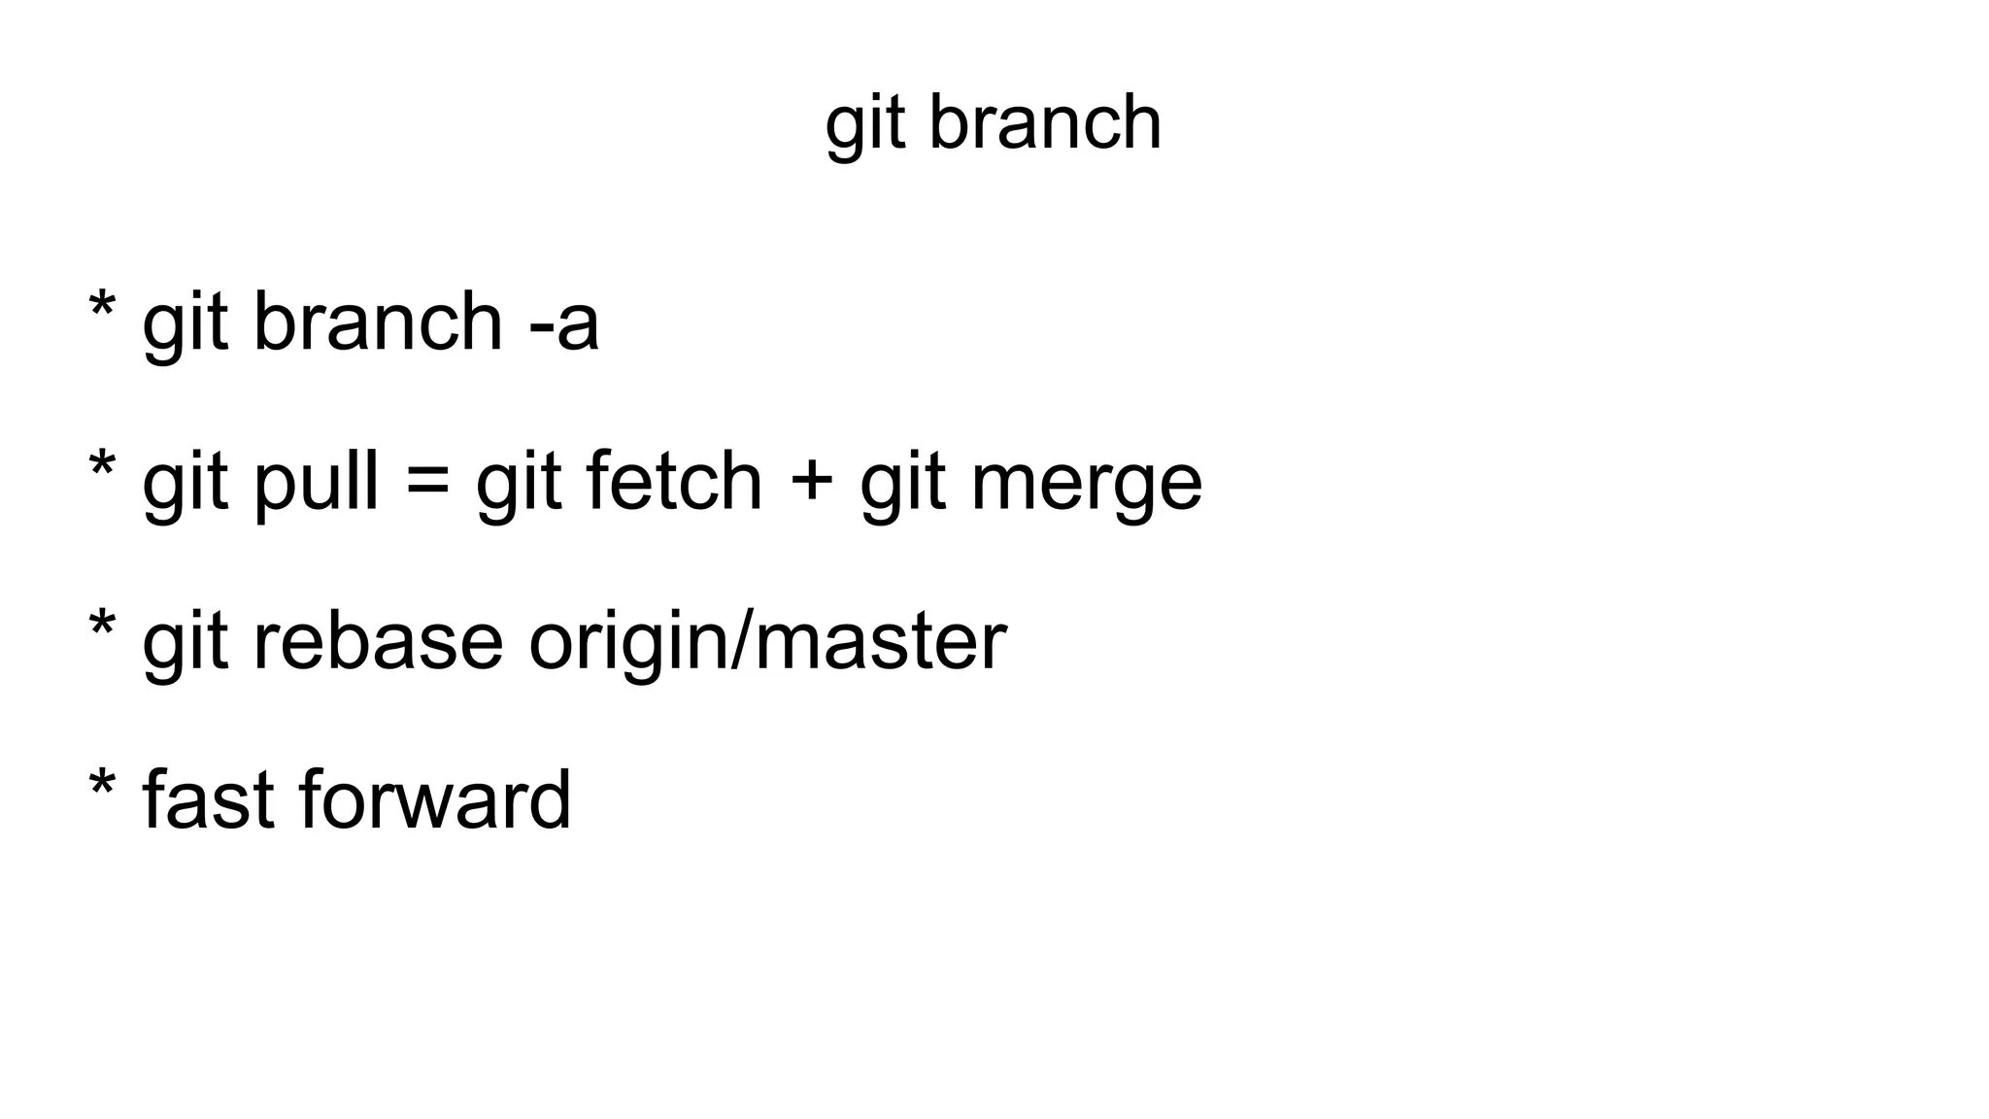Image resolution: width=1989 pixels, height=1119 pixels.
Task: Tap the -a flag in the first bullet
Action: click(x=564, y=322)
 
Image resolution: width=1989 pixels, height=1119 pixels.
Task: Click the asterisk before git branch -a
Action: click(x=102, y=310)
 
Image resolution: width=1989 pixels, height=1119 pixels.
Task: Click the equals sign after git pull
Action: click(x=427, y=483)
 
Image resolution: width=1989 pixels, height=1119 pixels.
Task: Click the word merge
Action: click(x=1086, y=484)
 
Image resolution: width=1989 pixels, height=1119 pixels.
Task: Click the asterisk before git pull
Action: click(x=102, y=469)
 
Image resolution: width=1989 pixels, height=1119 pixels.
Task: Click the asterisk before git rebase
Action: click(x=102, y=628)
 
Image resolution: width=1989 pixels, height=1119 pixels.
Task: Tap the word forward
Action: click(x=435, y=799)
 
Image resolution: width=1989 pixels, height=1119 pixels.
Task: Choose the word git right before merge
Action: click(x=902, y=483)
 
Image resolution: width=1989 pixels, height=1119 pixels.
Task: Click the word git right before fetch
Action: click(x=518, y=483)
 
